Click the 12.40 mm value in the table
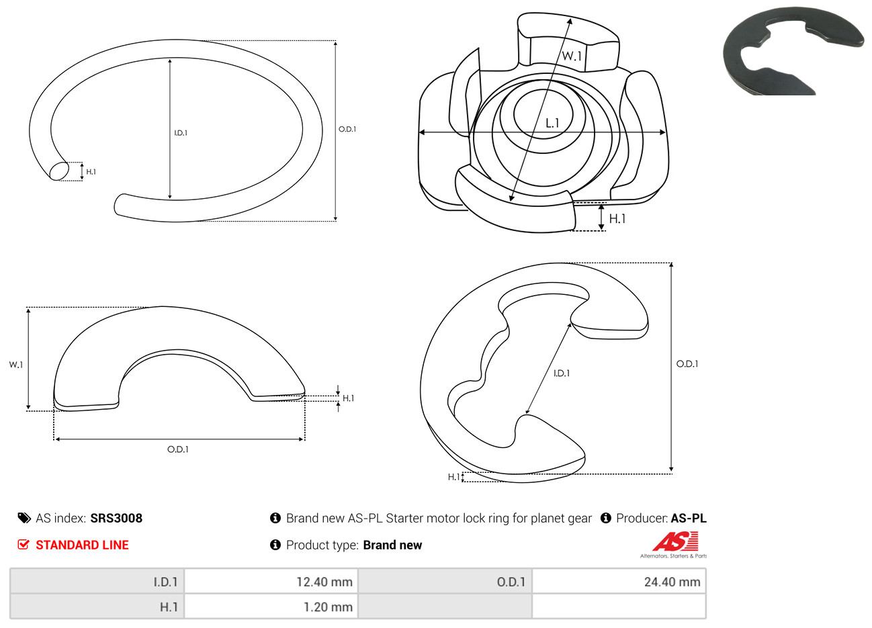click(324, 582)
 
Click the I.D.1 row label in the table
click(165, 582)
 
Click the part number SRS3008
click(116, 519)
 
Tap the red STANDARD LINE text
click(82, 545)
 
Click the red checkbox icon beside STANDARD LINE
click(24, 544)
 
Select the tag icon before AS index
click(24, 519)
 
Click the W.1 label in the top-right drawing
click(572, 56)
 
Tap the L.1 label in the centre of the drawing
click(552, 124)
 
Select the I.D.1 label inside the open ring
click(181, 133)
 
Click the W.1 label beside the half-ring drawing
click(16, 365)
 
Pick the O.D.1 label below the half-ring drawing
click(178, 449)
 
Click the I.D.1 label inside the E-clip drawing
click(562, 373)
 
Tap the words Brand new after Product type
click(392, 545)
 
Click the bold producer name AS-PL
click(688, 519)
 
